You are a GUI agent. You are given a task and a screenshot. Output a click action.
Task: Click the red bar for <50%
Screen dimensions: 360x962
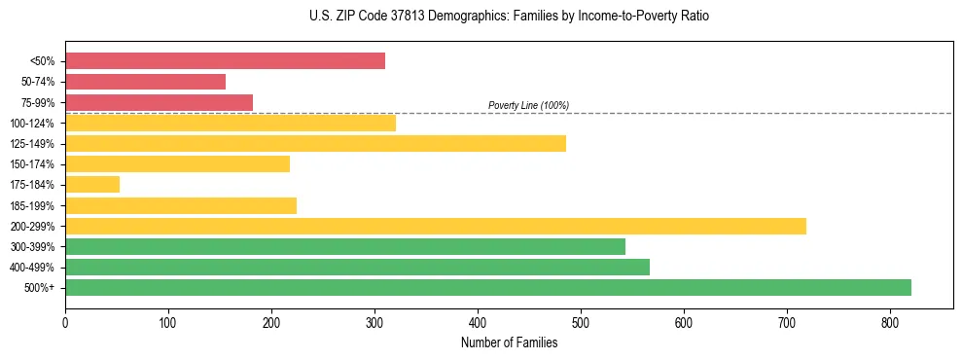click(225, 61)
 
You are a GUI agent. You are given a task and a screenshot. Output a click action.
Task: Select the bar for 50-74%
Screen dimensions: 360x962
click(145, 82)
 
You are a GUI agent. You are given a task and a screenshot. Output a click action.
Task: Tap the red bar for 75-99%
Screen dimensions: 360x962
click(159, 102)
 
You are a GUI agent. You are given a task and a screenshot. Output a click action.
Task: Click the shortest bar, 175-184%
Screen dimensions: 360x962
click(92, 185)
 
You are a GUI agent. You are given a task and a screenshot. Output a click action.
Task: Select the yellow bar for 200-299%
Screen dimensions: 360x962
click(435, 226)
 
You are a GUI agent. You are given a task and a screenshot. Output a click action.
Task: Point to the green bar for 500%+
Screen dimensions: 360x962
click(487, 287)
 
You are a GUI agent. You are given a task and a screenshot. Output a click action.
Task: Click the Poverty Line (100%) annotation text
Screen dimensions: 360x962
click(528, 105)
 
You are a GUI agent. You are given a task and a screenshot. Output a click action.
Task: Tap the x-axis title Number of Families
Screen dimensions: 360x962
click(509, 342)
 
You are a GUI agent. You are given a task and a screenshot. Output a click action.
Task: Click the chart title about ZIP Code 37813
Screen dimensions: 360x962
click(509, 17)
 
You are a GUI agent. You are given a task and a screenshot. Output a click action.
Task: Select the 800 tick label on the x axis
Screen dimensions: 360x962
click(890, 321)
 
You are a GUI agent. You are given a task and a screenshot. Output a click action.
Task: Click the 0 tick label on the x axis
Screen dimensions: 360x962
click(65, 321)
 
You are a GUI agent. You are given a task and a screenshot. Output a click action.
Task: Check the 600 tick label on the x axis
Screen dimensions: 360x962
click(684, 321)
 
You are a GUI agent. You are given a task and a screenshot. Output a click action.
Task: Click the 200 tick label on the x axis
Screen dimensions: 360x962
click(271, 321)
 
